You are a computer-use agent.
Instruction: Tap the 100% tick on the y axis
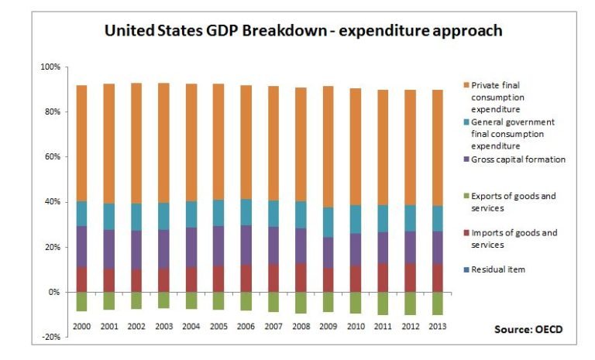pyautogui.click(x=49, y=67)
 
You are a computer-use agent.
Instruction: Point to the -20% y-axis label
pyautogui.click(x=50, y=338)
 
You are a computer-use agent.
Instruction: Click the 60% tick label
pyautogui.click(x=50, y=157)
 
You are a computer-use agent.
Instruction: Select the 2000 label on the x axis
pyautogui.click(x=81, y=327)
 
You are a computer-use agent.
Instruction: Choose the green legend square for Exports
pyautogui.click(x=465, y=197)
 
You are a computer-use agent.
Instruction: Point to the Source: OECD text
pyautogui.click(x=528, y=329)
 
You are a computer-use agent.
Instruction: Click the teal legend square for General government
pyautogui.click(x=465, y=122)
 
